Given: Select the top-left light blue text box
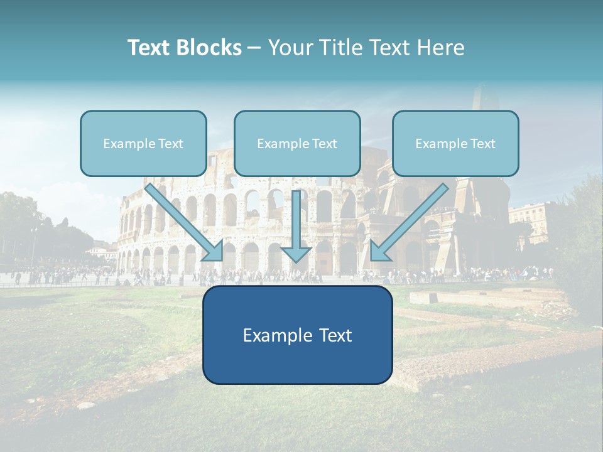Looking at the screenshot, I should pyautogui.click(x=143, y=143).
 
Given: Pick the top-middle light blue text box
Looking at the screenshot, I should pyautogui.click(x=297, y=143).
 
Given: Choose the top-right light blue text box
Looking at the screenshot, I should pyautogui.click(x=455, y=143).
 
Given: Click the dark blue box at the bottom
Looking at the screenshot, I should pyautogui.click(x=297, y=335).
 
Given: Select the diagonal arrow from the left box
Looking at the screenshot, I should pyautogui.click(x=185, y=223).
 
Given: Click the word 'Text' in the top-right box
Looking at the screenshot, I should pyautogui.click(x=482, y=144).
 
